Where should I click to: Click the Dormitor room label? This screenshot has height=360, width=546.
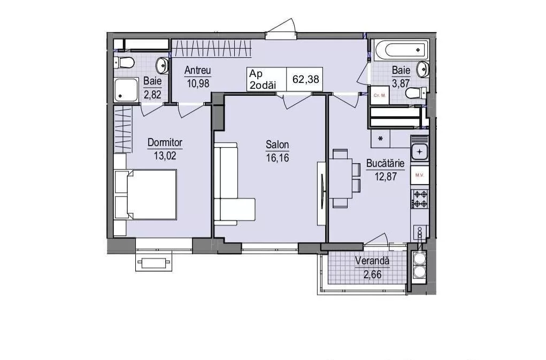coord(165,142)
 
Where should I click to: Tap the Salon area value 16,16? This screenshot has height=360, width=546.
coord(278,158)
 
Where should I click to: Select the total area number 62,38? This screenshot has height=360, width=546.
coord(306,79)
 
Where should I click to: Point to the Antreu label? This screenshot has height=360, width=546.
coord(198,70)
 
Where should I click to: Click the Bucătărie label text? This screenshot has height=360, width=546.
coord(385,164)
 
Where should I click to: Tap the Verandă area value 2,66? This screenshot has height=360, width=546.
coord(372,274)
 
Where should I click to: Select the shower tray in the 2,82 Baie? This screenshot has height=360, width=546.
coord(126,90)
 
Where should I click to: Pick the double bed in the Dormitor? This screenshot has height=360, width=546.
coord(145,194)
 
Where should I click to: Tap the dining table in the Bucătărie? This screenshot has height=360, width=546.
coord(341,178)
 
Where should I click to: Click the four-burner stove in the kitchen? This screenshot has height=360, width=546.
coord(420,199)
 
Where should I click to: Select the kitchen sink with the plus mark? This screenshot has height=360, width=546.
coord(420,152)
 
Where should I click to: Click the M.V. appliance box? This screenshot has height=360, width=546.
coord(420,175)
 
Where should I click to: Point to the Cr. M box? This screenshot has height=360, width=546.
coord(379,95)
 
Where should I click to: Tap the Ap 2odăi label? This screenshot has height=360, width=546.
coord(263,79)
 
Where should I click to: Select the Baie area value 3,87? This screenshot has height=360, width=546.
coord(401,83)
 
